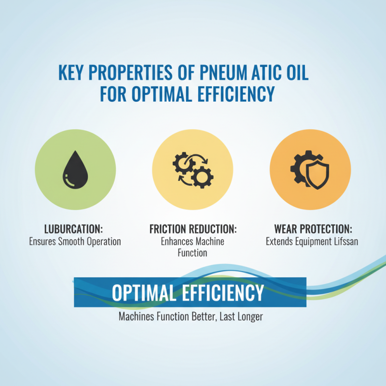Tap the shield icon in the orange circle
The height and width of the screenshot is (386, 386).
319,175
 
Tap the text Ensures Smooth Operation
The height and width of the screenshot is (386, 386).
75,241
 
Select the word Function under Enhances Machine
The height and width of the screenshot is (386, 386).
193,252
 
